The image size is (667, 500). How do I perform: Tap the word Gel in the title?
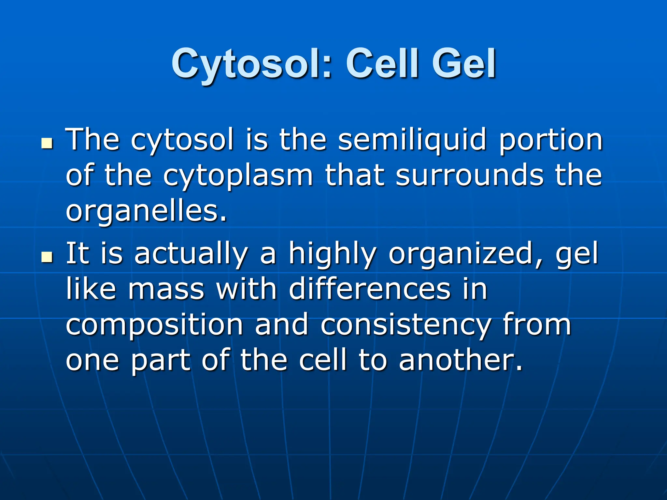463,64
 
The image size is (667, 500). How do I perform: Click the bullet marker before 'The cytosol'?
48,143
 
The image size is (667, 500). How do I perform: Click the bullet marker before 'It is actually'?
48,257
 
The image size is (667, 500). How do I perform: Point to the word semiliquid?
412,140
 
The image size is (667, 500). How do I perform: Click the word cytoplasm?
238,176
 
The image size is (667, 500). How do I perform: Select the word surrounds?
469,175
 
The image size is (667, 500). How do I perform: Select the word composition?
154,326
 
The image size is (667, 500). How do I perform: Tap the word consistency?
405,326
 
